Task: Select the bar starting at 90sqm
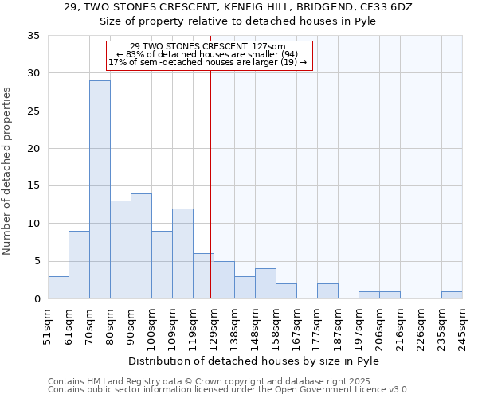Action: click(x=141, y=246)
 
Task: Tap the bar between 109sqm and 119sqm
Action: click(x=182, y=254)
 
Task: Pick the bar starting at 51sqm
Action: click(x=58, y=287)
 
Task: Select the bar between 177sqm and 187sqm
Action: click(x=327, y=291)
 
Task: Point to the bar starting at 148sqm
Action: click(x=265, y=284)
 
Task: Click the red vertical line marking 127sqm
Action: click(x=210, y=183)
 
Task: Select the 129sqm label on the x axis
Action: click(x=214, y=324)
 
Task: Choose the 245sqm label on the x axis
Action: click(x=462, y=324)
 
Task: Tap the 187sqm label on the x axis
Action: click(x=338, y=324)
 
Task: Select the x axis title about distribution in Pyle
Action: click(x=253, y=361)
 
